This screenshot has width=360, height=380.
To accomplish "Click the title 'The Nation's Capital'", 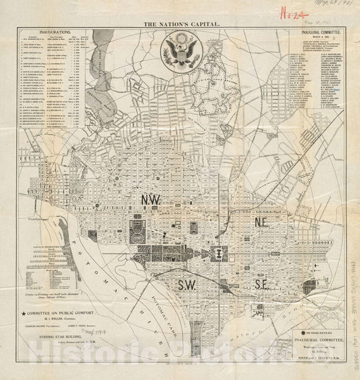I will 179,23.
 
